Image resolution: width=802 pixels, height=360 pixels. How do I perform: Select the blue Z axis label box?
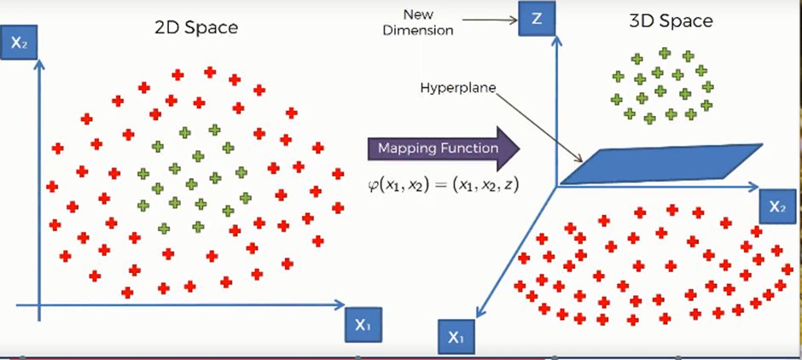pyautogui.click(x=536, y=20)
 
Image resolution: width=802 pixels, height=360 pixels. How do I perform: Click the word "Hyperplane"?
pyautogui.click(x=452, y=87)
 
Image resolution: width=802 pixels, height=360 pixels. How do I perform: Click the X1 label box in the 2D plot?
pyautogui.click(x=363, y=324)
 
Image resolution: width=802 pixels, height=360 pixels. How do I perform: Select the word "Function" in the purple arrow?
pyautogui.click(x=471, y=148)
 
